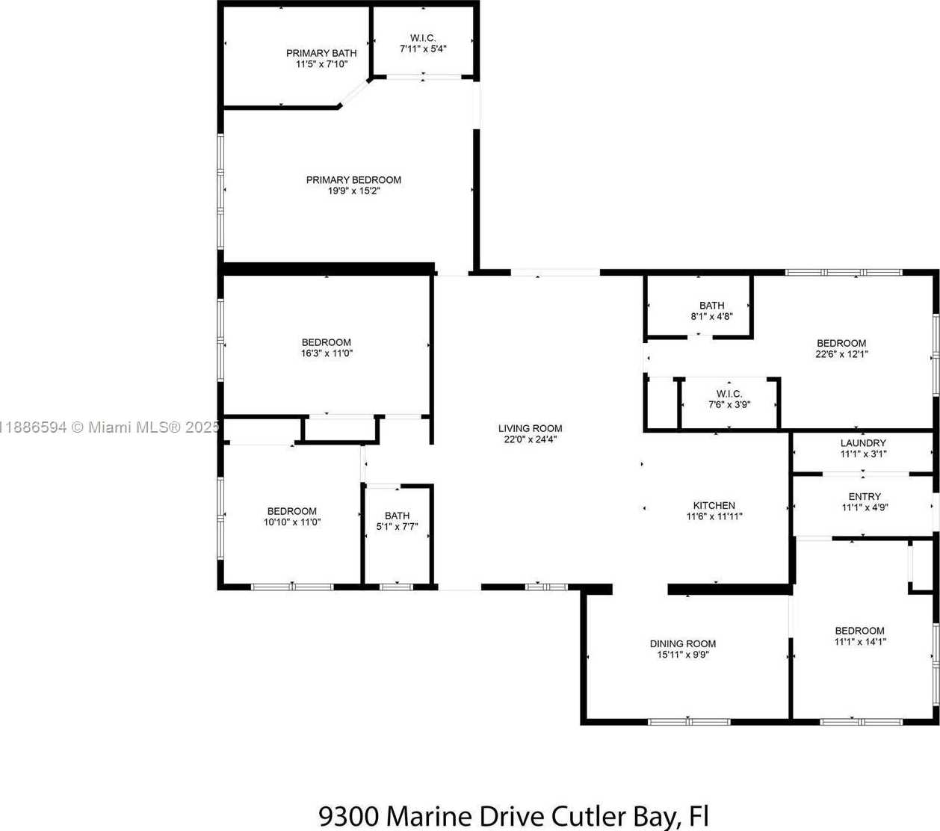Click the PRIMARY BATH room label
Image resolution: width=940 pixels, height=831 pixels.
[321, 53]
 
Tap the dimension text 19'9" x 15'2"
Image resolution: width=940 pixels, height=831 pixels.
[353, 191]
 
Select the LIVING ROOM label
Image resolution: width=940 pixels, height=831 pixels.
[531, 428]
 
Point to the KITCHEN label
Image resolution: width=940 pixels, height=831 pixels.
[714, 505]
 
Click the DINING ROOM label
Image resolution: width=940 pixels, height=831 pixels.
[683, 643]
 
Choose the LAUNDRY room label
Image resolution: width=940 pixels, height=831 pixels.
[863, 443]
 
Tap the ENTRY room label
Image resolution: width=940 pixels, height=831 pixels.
[865, 496]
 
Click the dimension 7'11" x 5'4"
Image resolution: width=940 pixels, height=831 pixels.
[423, 49]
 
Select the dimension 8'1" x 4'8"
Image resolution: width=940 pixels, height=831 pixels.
[712, 317]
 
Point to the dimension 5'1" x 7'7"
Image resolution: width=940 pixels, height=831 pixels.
[398, 527]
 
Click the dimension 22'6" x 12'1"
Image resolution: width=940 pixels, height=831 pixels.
[841, 354]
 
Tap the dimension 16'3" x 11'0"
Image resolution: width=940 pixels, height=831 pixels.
[327, 353]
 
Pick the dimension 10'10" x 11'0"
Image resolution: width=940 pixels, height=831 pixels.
[292, 522]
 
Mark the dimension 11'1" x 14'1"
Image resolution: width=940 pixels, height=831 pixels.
[860, 642]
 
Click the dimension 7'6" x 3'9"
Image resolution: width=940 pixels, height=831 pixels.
[729, 404]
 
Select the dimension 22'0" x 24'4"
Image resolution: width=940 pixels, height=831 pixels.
[531, 439]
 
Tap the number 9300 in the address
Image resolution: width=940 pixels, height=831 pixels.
[348, 816]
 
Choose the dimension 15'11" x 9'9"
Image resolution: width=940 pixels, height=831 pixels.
[683, 655]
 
